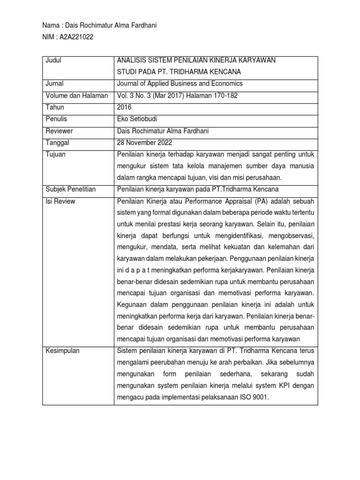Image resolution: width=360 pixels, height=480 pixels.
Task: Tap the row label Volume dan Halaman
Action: pyautogui.click(x=76, y=96)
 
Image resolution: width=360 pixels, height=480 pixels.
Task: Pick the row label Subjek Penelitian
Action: pyautogui.click(x=70, y=189)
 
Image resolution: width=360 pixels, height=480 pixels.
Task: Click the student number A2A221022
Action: pyautogui.click(x=74, y=38)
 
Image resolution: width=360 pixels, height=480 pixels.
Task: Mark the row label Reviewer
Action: pyautogui.click(x=59, y=131)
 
